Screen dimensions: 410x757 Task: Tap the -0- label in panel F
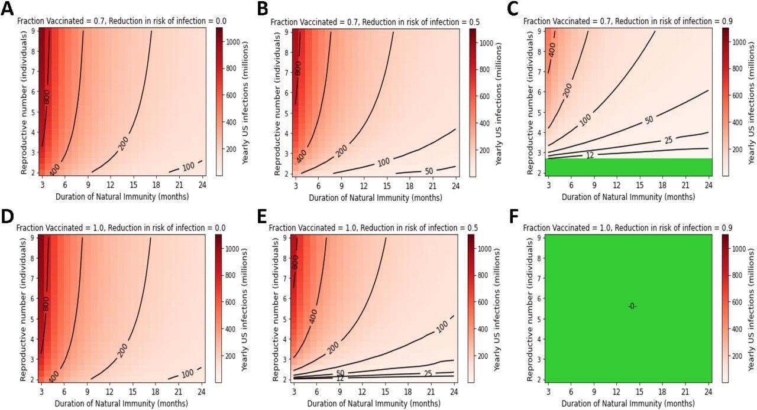pyautogui.click(x=632, y=306)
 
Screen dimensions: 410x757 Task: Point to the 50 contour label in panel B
pyautogui.click(x=429, y=171)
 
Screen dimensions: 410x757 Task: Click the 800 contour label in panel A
pyautogui.click(x=46, y=97)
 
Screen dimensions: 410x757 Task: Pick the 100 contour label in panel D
pyautogui.click(x=187, y=373)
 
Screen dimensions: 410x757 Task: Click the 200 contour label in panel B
pyautogui.click(x=341, y=151)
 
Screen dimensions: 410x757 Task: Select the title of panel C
pyautogui.click(x=627, y=21)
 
